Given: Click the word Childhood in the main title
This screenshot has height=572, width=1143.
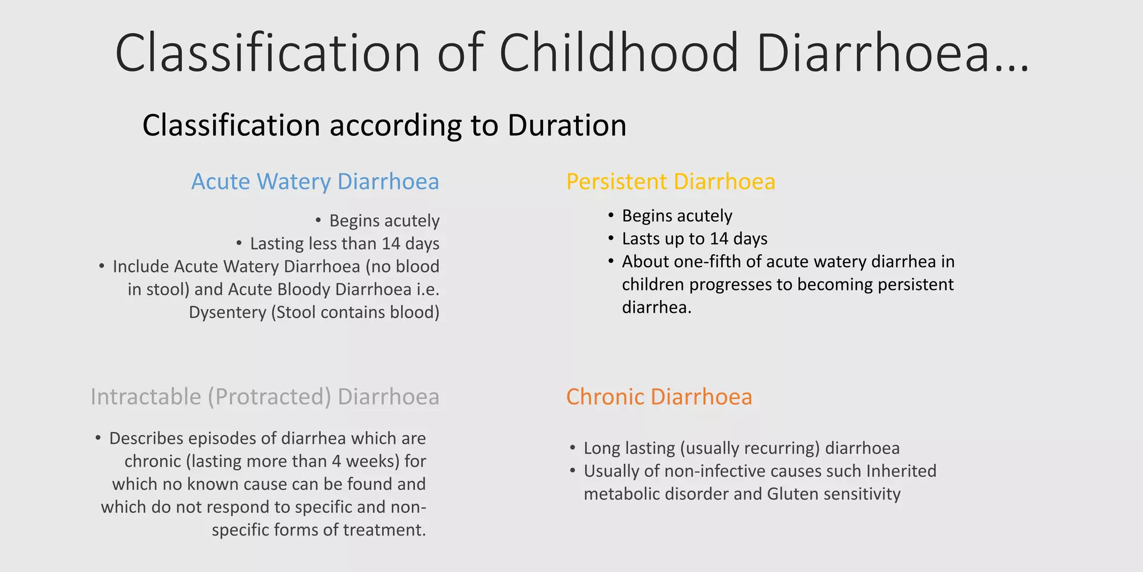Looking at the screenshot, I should coord(618,53).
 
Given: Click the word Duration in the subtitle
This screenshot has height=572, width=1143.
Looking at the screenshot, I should coord(566,125).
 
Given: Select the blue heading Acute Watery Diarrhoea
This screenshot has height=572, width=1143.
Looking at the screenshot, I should coord(315,182).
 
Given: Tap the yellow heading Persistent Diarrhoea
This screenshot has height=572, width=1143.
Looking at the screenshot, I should coord(670,182).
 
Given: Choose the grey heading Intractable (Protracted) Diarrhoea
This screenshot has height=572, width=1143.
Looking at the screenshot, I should coord(265,397).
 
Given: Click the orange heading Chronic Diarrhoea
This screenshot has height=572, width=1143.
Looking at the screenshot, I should coord(659,397).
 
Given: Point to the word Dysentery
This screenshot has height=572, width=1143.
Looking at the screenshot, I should coord(227,312).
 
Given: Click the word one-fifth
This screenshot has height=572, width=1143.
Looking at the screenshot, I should coord(708,262).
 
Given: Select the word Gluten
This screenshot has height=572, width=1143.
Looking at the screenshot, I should coord(793,494).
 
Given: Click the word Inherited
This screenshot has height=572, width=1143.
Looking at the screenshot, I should coord(901,471).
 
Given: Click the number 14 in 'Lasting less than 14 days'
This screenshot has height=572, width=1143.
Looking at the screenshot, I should coord(391,244).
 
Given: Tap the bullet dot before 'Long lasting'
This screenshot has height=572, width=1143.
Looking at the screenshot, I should coord(572,448).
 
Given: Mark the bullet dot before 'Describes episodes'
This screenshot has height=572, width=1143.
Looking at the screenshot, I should coord(98,438).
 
